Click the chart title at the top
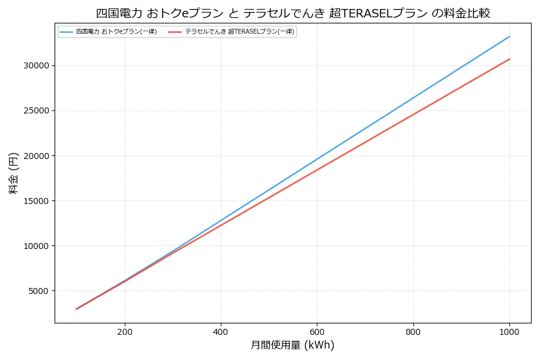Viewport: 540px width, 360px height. [293, 13]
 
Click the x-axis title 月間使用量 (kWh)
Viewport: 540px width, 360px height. [292, 345]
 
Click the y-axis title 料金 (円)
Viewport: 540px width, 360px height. [13, 173]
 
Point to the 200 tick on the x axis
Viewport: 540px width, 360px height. [125, 331]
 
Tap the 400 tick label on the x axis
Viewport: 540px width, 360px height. [221, 331]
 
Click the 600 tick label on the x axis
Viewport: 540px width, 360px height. [317, 331]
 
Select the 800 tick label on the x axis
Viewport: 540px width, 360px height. [413, 331]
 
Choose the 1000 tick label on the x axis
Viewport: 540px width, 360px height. [509, 331]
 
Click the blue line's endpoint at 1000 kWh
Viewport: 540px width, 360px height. [509, 36]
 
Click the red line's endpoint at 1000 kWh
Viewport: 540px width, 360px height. [509, 59]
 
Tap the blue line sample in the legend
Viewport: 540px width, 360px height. [67, 32]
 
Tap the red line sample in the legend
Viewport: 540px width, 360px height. [175, 32]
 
